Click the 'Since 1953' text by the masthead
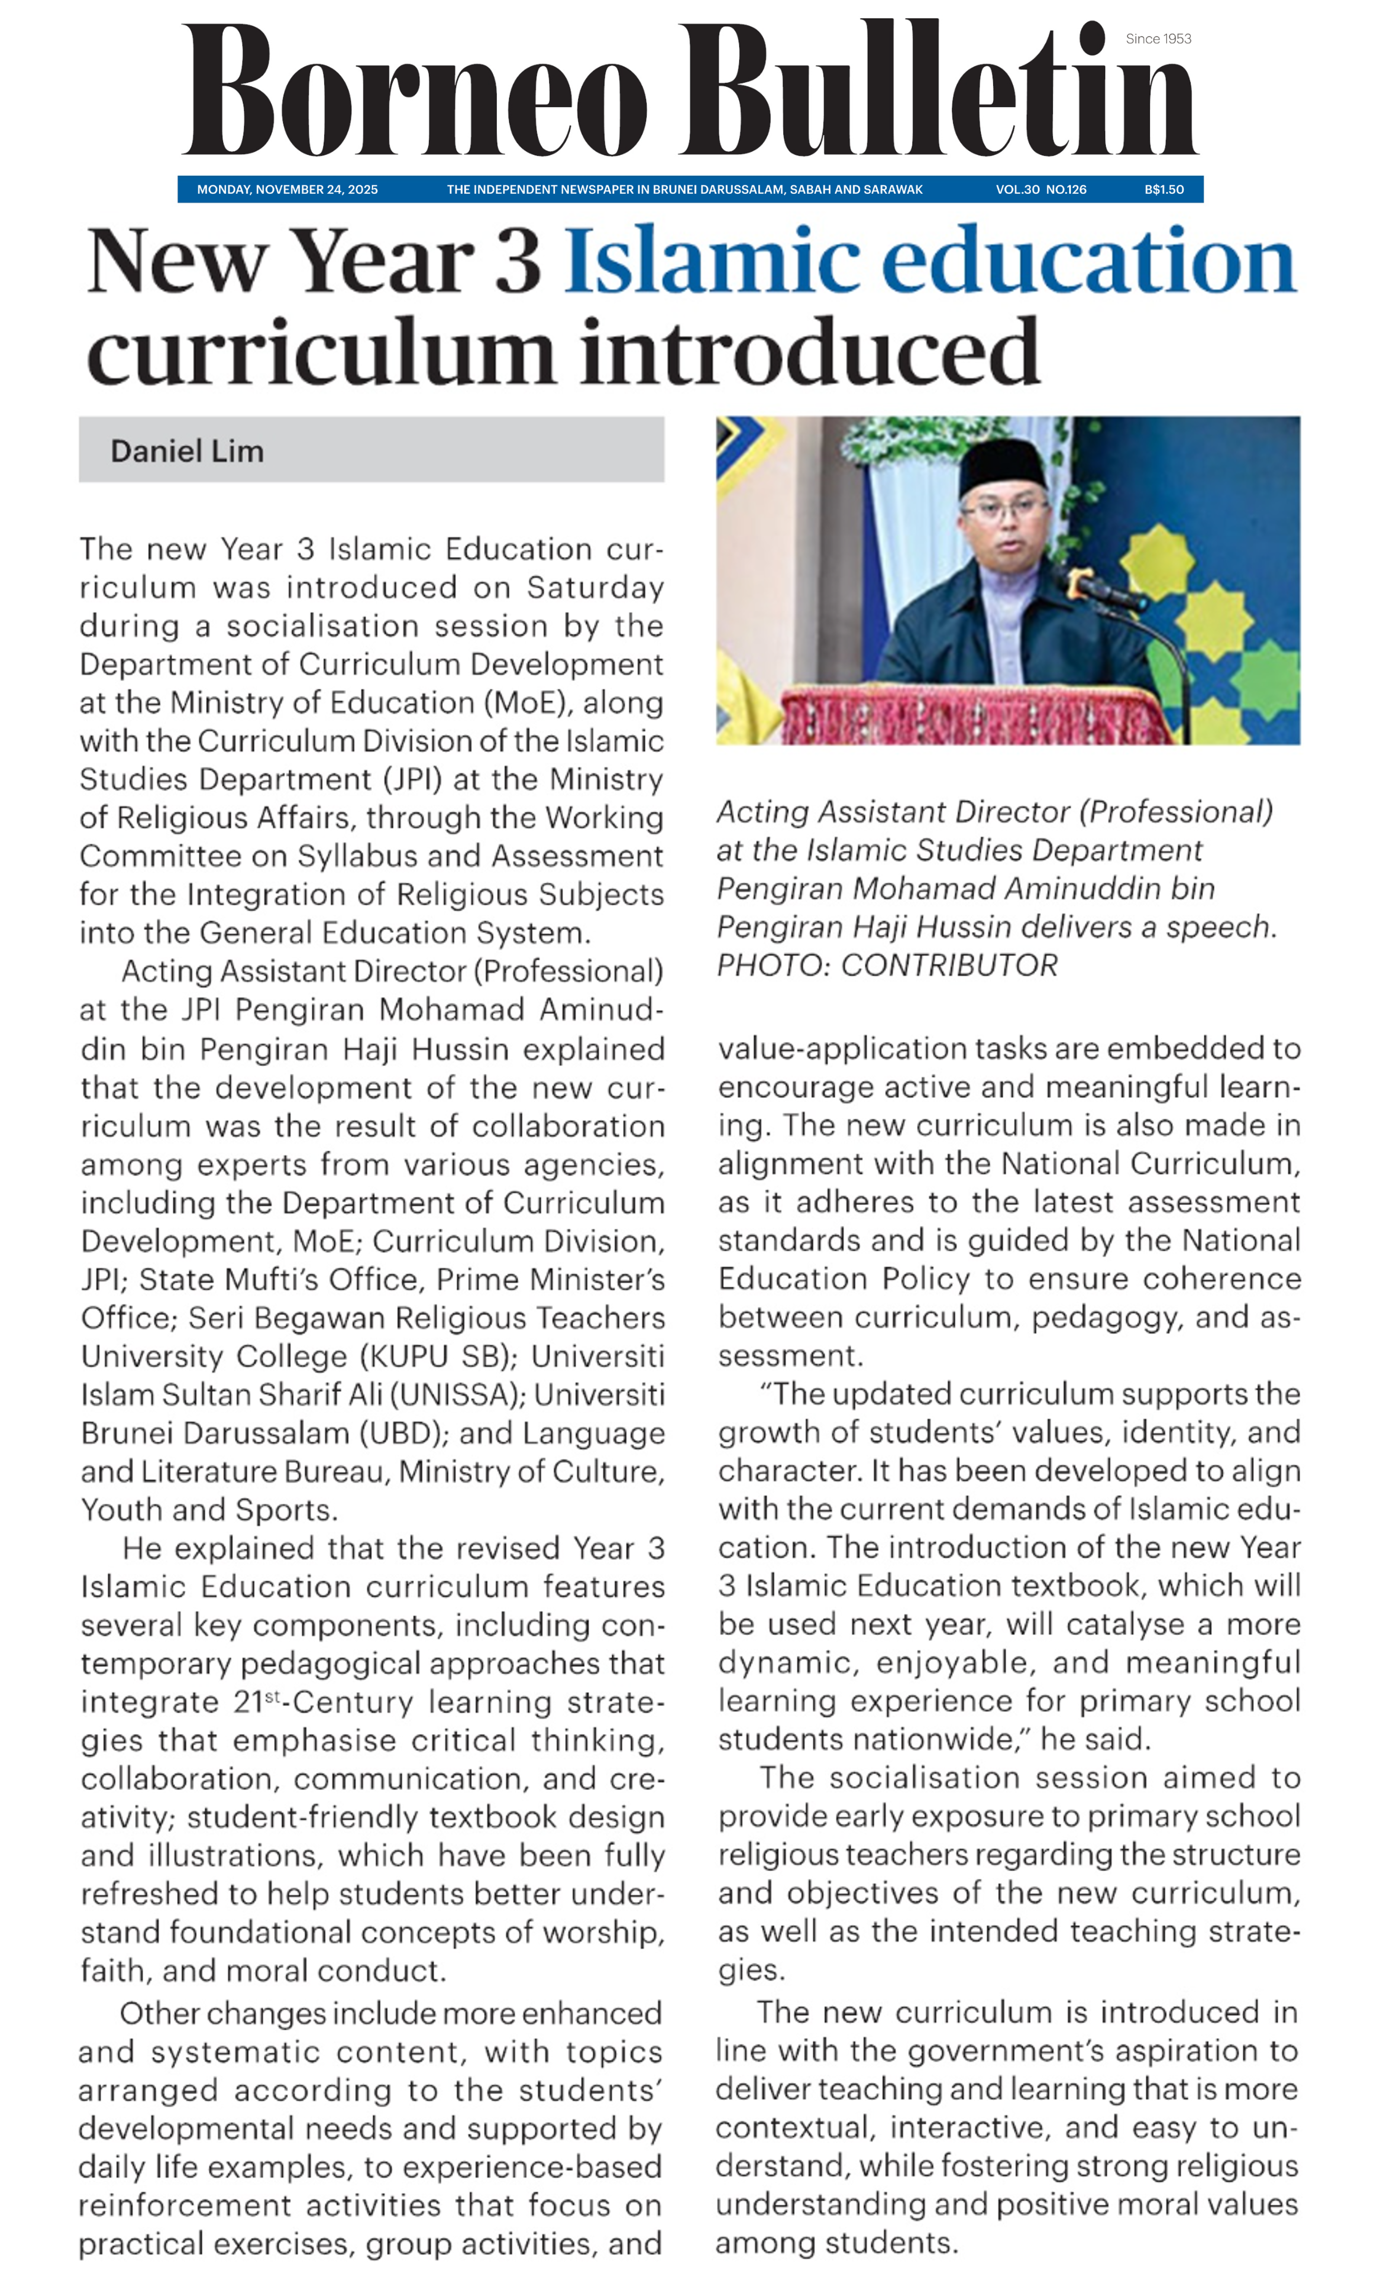click(1158, 39)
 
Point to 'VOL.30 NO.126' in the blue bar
click(1041, 189)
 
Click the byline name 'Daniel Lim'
click(187, 451)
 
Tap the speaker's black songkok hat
click(1003, 464)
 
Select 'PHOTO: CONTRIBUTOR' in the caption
click(887, 965)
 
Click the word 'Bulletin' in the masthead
click(937, 93)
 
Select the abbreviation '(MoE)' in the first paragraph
click(526, 703)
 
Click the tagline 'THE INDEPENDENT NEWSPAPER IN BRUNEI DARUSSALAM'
click(684, 189)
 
